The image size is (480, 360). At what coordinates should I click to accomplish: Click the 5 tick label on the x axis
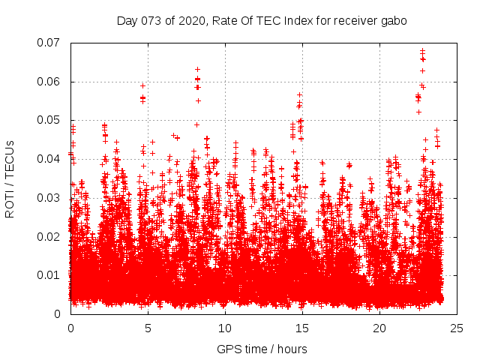point(148,328)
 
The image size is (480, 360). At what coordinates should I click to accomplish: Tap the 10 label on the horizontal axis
point(225,328)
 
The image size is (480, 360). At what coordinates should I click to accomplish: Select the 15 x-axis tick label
point(302,328)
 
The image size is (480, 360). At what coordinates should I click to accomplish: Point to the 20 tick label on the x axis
point(379,328)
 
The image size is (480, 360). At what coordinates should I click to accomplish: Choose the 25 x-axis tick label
point(457,328)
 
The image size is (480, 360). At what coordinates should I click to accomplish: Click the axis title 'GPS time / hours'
point(263,349)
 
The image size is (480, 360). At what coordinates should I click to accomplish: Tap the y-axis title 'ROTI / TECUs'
point(10,178)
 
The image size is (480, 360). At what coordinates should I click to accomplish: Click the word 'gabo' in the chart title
point(394,21)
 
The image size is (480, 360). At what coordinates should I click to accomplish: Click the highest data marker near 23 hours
point(422,50)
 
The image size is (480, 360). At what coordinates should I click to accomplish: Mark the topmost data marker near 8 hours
point(197,69)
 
